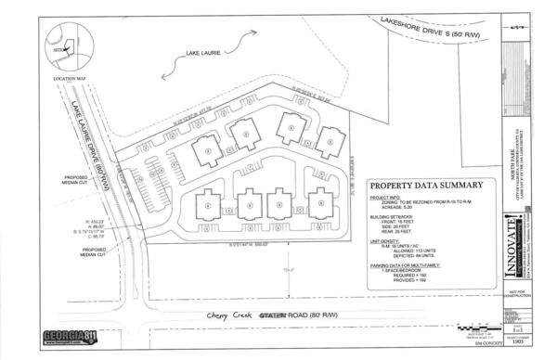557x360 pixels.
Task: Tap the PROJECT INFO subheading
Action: [x=385, y=198]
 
